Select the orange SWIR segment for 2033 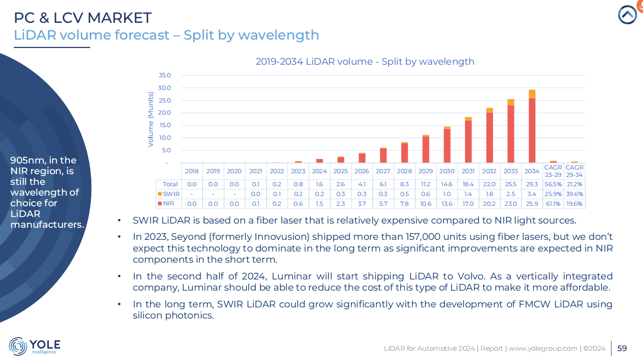(x=511, y=102)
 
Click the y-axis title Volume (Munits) (x=150, y=119)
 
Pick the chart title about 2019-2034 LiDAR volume (x=365, y=61)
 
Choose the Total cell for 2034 (x=532, y=184)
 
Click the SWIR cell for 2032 (x=489, y=194)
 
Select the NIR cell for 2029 (x=425, y=204)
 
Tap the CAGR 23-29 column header (x=553, y=171)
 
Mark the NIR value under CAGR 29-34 (x=574, y=204)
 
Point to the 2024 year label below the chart (x=320, y=171)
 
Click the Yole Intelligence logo (x=34, y=346)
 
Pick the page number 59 (x=622, y=348)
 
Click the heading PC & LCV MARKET (x=82, y=18)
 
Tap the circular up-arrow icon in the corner (x=628, y=14)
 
